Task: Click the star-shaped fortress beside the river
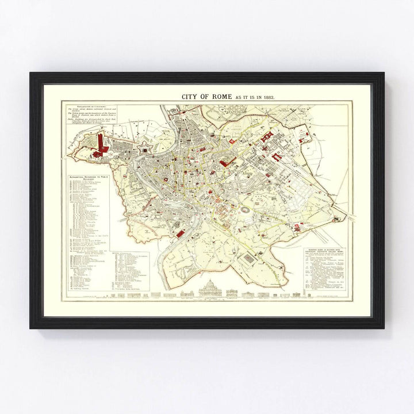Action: click(144, 148)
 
